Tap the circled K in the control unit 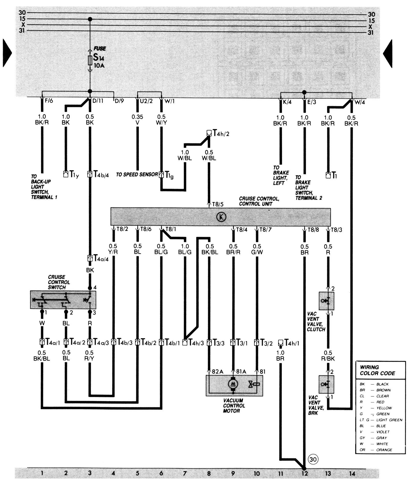coord(221,217)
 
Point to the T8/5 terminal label coord(218,204)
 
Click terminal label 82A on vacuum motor coord(217,371)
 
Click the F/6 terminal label coord(49,101)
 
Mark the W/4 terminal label coord(359,102)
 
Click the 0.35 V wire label coord(137,120)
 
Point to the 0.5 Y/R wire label coord(113,249)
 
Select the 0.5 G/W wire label coord(257,249)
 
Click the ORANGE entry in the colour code coord(384,450)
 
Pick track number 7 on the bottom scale coord(185,473)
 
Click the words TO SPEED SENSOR coord(137,175)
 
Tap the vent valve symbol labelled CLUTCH coord(326,301)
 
